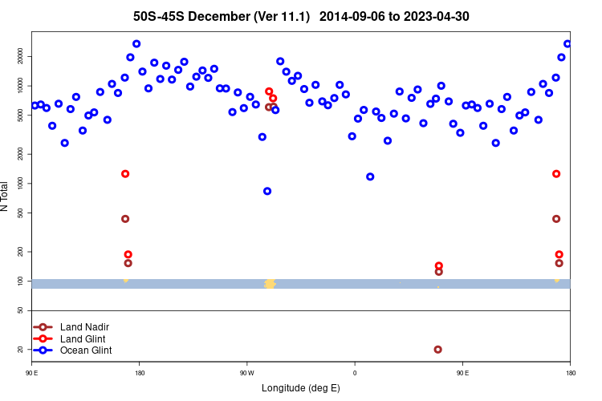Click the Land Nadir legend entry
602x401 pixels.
[x=84, y=327]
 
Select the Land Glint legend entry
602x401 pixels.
[x=83, y=338]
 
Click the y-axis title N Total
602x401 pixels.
[x=6, y=196]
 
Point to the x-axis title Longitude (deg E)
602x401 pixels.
[x=301, y=388]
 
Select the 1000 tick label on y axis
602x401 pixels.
[x=22, y=184]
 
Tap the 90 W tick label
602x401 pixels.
[x=246, y=372]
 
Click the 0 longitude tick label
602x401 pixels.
[x=354, y=372]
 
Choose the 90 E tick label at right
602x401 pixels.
[x=462, y=372]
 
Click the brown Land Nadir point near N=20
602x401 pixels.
[x=437, y=349]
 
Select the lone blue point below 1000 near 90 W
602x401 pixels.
[x=267, y=191]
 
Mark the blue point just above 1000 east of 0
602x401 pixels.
[x=370, y=176]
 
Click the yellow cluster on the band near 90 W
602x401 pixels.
[x=270, y=283]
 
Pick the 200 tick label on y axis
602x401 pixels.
[x=22, y=252]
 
